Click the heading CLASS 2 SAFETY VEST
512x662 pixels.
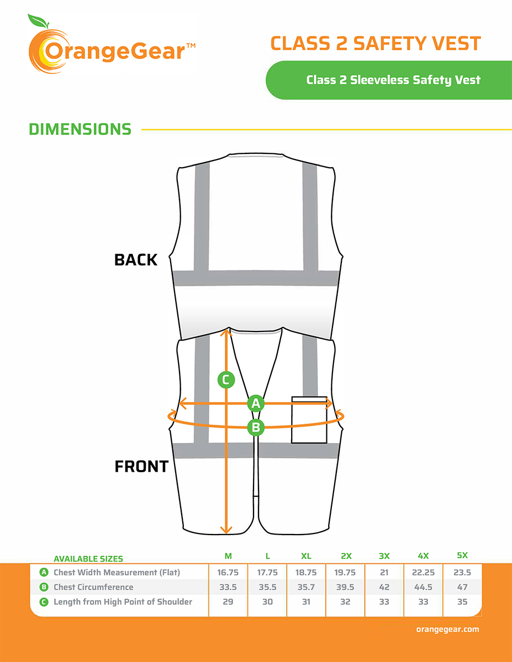tap(376, 43)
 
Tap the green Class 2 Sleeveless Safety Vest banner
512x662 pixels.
tap(389, 80)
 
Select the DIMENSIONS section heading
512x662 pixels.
tap(80, 129)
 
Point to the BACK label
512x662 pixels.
tap(136, 260)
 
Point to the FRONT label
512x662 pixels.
tap(141, 466)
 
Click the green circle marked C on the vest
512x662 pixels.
tap(226, 380)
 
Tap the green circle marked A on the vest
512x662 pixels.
tap(256, 403)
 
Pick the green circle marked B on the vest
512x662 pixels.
tap(256, 428)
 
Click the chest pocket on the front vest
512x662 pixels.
tap(309, 420)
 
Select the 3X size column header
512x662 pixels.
tap(384, 556)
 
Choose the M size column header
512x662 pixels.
tap(228, 556)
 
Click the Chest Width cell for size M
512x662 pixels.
tap(228, 573)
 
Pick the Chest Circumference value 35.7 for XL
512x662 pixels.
tap(306, 587)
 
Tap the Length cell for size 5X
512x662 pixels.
tap(462, 602)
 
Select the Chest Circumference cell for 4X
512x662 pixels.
tap(423, 587)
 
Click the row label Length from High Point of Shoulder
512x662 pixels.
tap(123, 602)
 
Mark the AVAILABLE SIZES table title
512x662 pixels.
tap(88, 559)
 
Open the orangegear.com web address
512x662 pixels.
tap(448, 629)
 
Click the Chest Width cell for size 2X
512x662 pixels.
tap(345, 573)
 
